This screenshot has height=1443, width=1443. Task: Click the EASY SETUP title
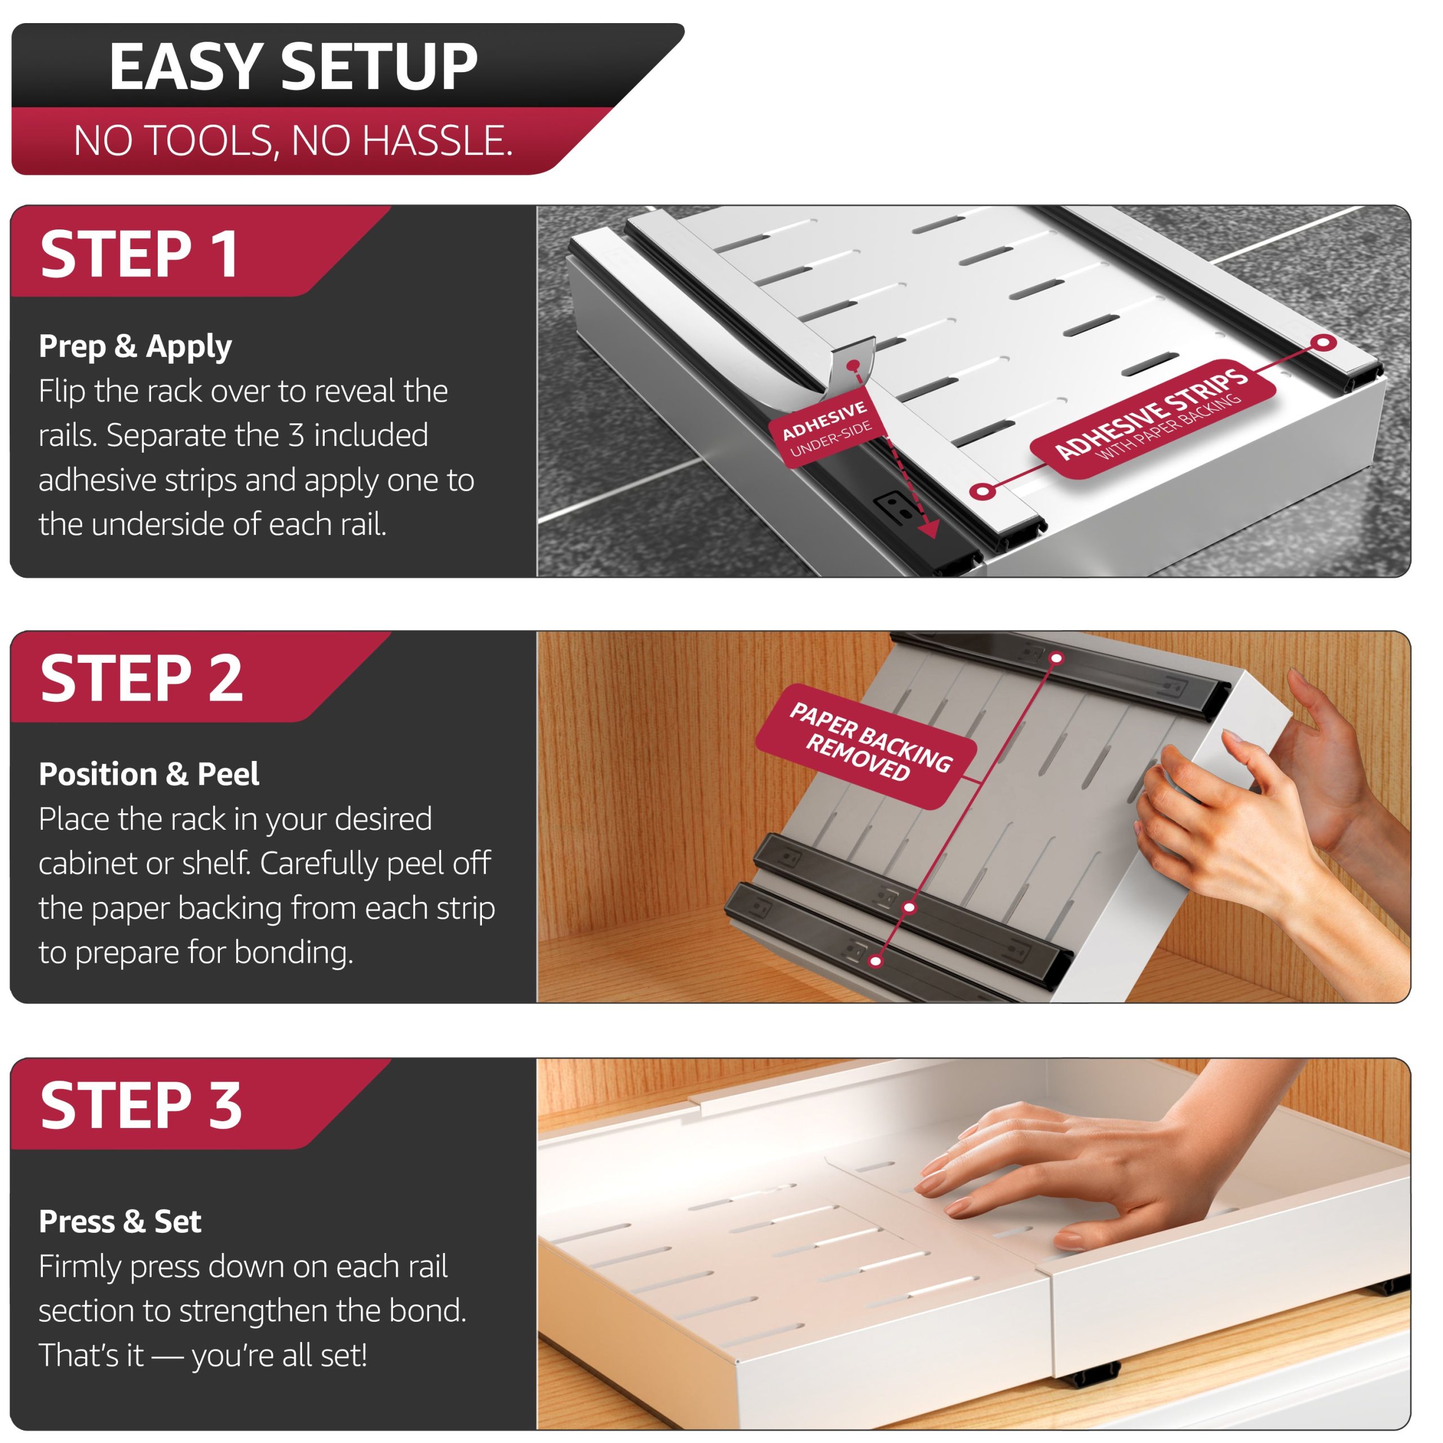(293, 67)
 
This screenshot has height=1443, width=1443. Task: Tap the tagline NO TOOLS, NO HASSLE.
(293, 140)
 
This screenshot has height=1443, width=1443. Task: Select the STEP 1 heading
(140, 254)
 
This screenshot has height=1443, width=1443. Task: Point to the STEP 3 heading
(141, 1105)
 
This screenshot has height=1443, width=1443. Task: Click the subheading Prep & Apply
(135, 347)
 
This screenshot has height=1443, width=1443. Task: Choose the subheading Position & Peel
(149, 774)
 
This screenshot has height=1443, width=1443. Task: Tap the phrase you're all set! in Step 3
(280, 1356)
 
